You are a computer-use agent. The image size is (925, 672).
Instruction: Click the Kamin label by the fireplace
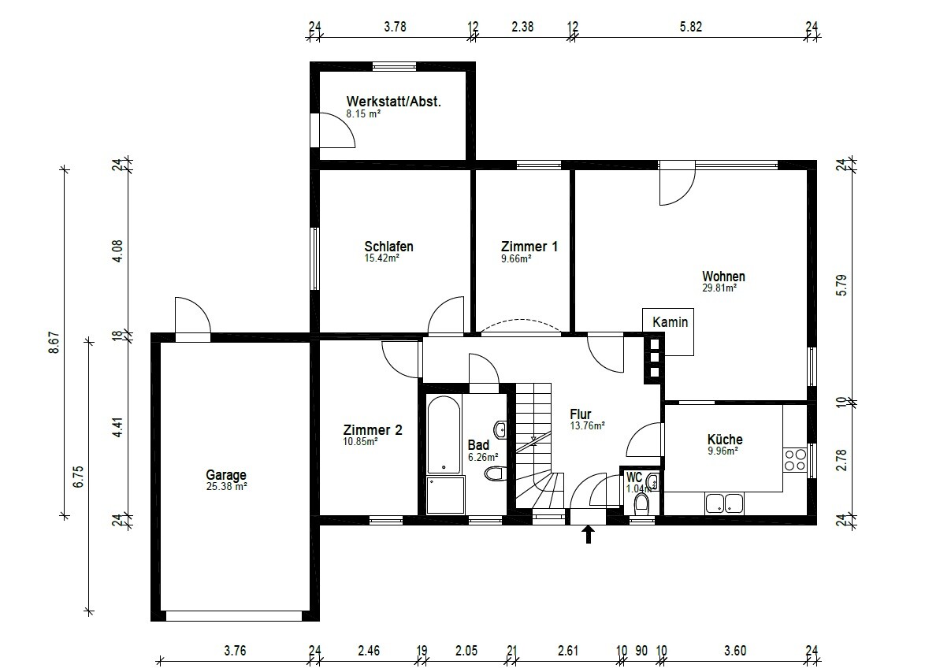[x=671, y=322]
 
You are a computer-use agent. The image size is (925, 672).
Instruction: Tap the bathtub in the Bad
[x=444, y=435]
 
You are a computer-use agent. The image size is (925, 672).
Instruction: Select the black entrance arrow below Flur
[x=588, y=535]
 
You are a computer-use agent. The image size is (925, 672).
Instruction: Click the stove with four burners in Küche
[x=795, y=459]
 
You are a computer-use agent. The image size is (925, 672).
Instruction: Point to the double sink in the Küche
[x=724, y=503]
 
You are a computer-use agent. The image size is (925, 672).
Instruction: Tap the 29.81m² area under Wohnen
[x=719, y=288]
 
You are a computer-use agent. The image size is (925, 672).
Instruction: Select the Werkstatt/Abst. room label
[x=393, y=102]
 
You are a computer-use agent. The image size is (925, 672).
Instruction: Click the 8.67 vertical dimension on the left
[x=54, y=342]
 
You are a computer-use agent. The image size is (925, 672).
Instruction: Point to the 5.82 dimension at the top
[x=691, y=27]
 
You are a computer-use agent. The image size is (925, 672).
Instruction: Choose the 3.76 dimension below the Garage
[x=235, y=651]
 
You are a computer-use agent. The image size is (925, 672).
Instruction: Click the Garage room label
[x=226, y=475]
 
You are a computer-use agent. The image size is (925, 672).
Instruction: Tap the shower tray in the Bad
[x=445, y=496]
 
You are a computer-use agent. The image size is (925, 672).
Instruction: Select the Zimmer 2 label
[x=373, y=430]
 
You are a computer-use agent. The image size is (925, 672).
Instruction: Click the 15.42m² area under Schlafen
[x=382, y=258]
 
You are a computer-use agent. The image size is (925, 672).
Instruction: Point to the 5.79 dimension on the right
[x=841, y=285]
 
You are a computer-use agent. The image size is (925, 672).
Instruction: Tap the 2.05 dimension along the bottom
[x=466, y=651]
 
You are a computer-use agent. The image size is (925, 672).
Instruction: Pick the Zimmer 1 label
[x=529, y=247]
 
